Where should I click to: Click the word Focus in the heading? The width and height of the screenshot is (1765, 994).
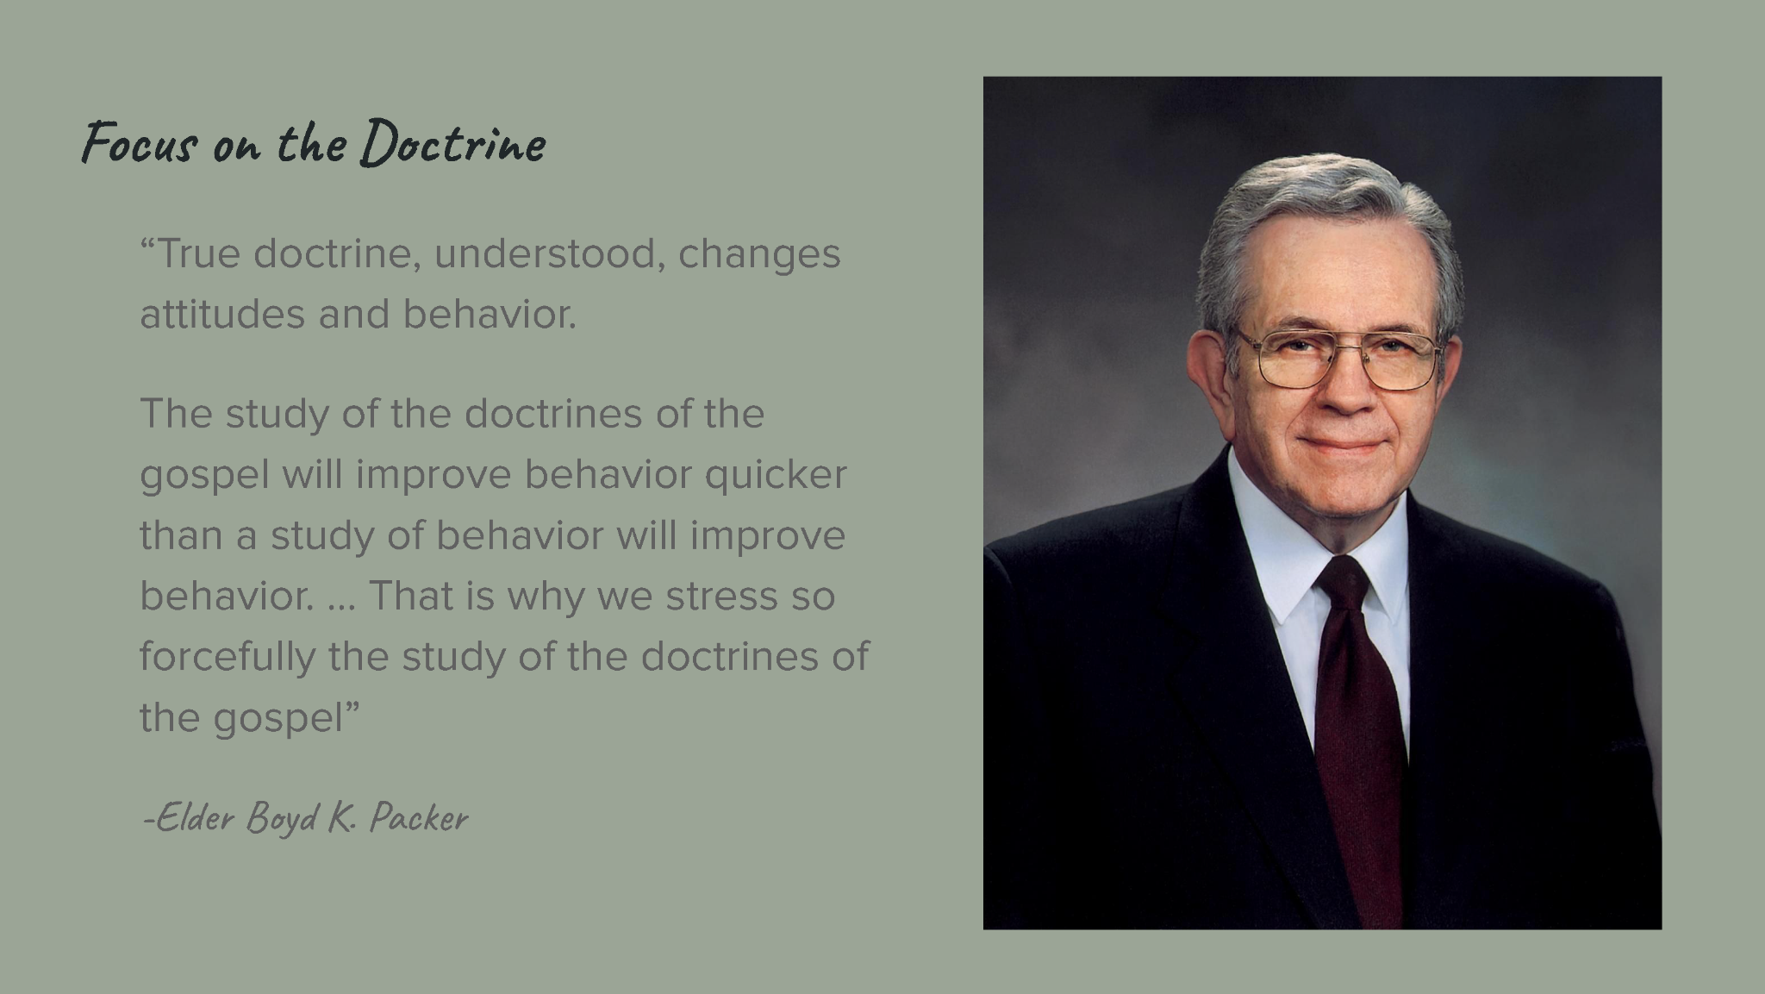tap(138, 143)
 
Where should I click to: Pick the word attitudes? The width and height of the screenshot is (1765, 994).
tap(221, 314)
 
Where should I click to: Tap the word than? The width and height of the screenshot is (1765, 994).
tap(180, 535)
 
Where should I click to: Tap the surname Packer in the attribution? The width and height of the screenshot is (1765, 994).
tap(418, 818)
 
